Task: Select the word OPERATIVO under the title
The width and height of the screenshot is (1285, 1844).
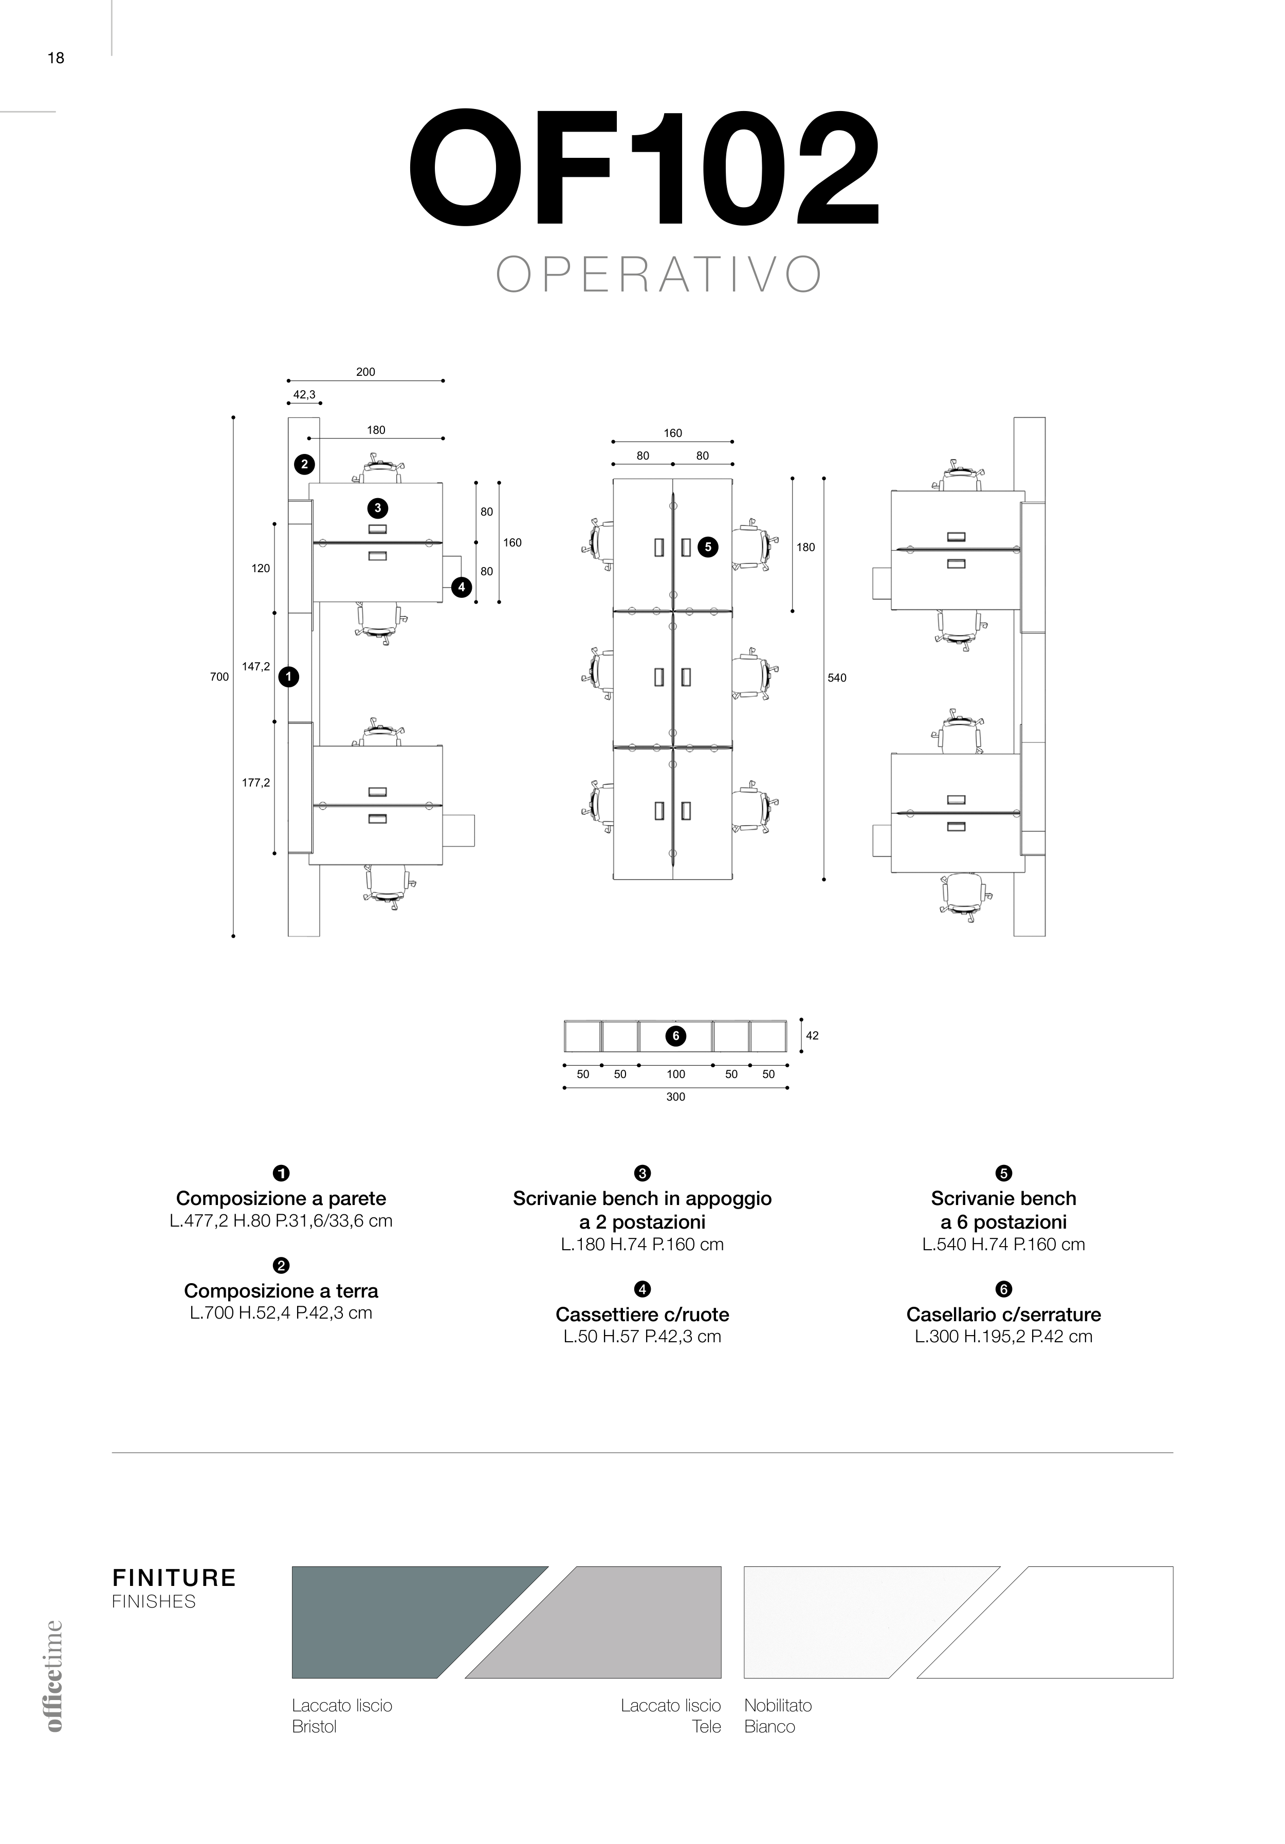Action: click(x=658, y=275)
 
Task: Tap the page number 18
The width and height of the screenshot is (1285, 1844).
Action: click(x=56, y=58)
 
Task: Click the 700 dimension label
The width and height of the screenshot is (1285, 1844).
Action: click(x=219, y=677)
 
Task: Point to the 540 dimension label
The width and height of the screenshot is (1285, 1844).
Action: click(x=837, y=678)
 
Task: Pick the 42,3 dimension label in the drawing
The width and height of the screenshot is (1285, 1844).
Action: click(x=304, y=394)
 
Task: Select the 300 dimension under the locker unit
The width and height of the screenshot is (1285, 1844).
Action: click(x=675, y=1097)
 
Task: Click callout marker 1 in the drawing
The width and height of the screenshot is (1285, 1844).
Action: click(x=288, y=677)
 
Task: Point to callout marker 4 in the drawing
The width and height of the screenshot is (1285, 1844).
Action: click(x=461, y=587)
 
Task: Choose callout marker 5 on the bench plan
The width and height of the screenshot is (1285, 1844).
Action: click(x=708, y=547)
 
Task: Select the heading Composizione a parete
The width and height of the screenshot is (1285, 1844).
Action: click(x=281, y=1198)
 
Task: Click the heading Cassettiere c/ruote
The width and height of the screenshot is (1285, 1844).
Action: click(x=642, y=1314)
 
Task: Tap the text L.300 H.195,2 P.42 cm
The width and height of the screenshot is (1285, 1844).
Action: click(x=1004, y=1337)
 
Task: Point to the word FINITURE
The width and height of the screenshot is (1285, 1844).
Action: click(x=174, y=1578)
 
